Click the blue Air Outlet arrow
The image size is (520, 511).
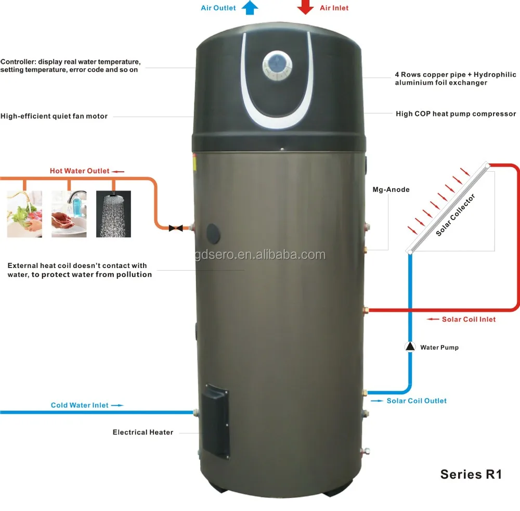point(251,7)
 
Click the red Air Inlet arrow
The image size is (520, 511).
point(305,7)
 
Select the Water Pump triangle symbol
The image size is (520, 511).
point(410,347)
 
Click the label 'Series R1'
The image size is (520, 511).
point(471,474)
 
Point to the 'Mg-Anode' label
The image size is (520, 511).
point(391,189)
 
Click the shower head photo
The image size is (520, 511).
point(114,214)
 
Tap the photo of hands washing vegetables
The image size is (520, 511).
point(24,214)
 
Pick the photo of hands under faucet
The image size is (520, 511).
point(69,214)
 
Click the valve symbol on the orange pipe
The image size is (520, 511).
point(175,228)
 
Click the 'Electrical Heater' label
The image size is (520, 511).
point(143,432)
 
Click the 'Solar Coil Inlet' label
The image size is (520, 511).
point(469,319)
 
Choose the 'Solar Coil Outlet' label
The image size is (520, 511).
point(416,401)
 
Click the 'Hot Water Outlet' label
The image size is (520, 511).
point(80,171)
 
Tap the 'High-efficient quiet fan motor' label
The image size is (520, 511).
point(54,116)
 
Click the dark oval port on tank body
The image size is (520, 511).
point(214,232)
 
